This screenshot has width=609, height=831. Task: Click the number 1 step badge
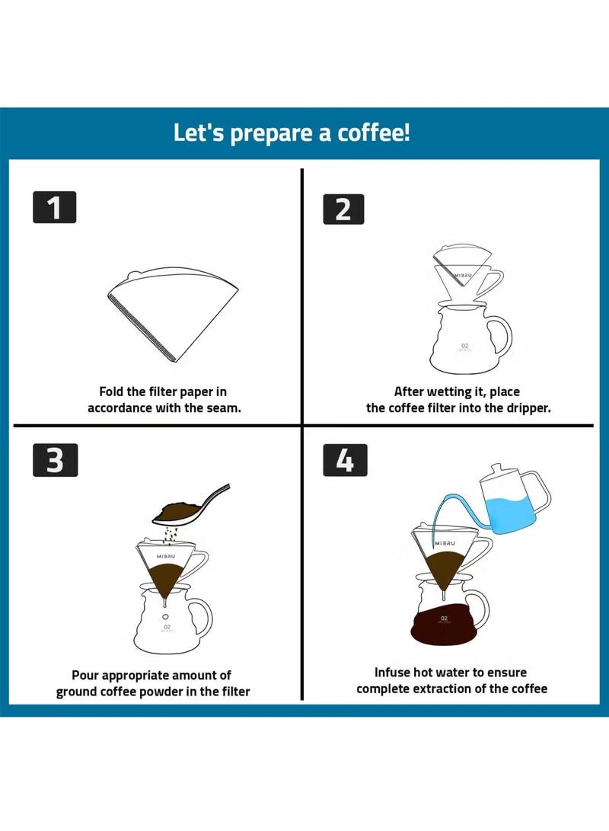coord(55,207)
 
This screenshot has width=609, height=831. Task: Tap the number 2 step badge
coord(343,209)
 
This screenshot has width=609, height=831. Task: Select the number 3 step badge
coord(55,460)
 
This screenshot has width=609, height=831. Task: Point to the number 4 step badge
coord(345,460)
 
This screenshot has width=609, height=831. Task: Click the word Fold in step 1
coord(111,392)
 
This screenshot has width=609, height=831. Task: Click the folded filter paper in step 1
coord(173,313)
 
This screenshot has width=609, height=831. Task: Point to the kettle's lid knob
coord(497,468)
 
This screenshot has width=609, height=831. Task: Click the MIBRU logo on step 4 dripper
coord(445,543)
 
